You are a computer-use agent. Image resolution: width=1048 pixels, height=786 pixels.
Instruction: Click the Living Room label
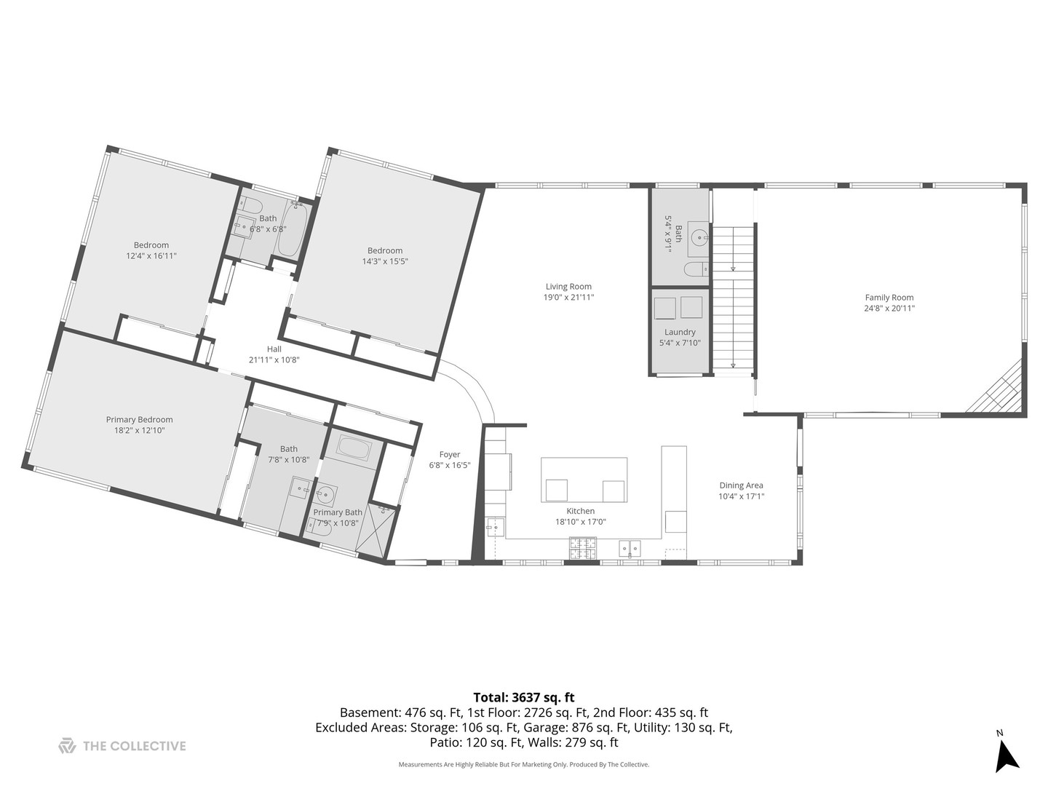(568, 286)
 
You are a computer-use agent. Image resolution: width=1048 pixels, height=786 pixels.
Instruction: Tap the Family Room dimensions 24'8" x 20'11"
(889, 309)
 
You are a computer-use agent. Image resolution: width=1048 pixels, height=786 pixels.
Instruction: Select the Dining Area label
(741, 485)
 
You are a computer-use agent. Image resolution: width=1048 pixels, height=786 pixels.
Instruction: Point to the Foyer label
(450, 454)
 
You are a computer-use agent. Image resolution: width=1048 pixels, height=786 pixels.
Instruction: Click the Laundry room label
(680, 332)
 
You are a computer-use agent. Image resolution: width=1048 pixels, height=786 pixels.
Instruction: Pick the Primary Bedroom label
(140, 419)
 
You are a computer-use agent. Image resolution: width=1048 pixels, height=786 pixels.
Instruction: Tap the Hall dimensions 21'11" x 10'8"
(274, 360)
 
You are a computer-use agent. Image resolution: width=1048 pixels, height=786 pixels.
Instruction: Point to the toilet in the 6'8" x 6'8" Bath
(251, 206)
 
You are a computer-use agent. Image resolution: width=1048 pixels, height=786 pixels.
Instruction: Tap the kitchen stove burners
(582, 548)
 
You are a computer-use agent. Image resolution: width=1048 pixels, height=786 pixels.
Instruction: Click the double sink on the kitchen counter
(630, 549)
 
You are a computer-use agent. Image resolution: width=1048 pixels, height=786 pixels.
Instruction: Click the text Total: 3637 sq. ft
(524, 697)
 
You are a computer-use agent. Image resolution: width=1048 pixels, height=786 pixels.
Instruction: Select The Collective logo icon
(68, 745)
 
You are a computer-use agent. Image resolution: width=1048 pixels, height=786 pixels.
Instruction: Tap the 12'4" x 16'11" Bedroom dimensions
(151, 255)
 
